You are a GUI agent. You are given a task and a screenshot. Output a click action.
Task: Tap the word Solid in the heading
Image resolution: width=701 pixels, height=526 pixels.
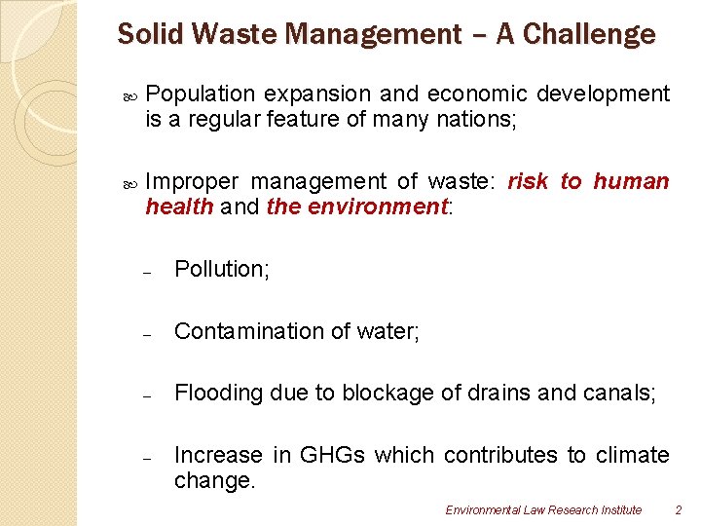pos(144,35)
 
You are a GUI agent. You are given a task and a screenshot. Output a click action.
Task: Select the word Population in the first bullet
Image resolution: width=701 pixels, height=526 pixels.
pos(200,94)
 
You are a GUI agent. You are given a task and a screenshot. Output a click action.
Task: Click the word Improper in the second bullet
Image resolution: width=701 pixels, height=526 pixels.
pos(192,182)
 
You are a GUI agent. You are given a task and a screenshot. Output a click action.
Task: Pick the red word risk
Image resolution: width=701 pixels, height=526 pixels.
pos(528,182)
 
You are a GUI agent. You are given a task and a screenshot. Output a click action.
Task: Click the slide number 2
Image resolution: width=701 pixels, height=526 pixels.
pos(678,509)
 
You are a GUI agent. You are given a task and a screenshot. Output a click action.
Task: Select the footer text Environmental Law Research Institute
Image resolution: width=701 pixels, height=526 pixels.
pos(543,509)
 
